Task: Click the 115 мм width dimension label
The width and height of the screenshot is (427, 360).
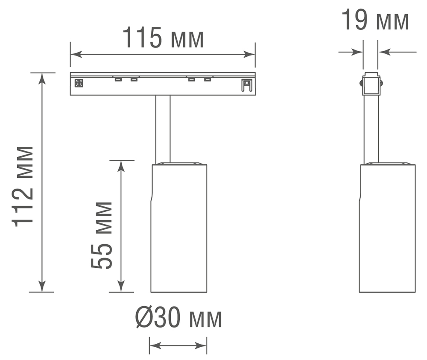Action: pyautogui.click(x=163, y=38)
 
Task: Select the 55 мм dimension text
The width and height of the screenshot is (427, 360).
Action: pyautogui.click(x=102, y=235)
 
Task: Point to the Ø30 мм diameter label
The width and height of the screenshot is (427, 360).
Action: pyautogui.click(x=179, y=319)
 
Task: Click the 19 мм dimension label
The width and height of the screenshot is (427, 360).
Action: pyautogui.click(x=375, y=21)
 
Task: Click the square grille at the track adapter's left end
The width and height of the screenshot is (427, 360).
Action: pyautogui.click(x=79, y=83)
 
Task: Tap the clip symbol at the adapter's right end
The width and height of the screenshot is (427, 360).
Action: pyautogui.click(x=246, y=85)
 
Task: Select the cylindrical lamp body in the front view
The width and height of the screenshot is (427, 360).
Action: pyautogui.click(x=179, y=228)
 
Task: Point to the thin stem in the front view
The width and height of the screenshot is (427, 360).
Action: pyautogui.click(x=163, y=128)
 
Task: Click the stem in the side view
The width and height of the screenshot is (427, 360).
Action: pyautogui.click(x=371, y=128)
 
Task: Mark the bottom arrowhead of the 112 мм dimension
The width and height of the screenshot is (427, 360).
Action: pyautogui.click(x=42, y=287)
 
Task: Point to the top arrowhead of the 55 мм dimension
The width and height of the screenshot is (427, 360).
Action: pyautogui.click(x=121, y=166)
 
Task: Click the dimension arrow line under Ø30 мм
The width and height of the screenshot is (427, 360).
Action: pyautogui.click(x=178, y=345)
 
